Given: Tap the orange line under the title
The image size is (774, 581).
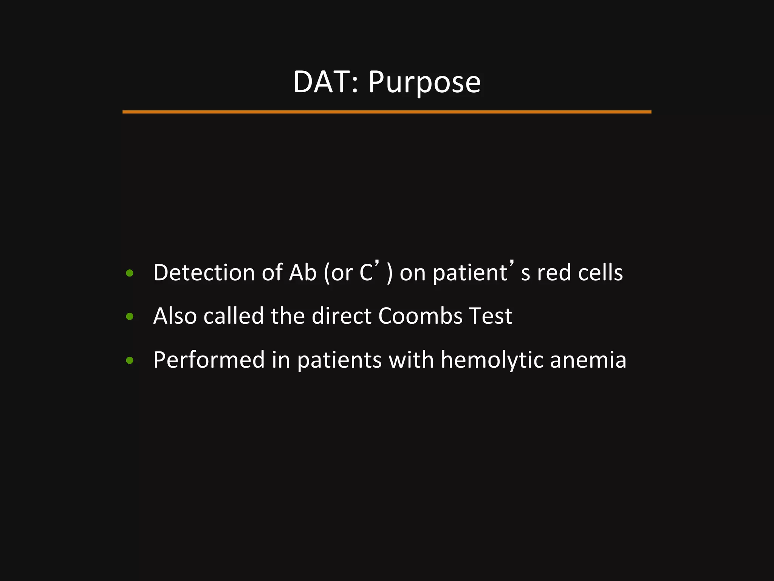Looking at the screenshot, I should [x=387, y=112].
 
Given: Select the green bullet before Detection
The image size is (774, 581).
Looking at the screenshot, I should [x=130, y=273].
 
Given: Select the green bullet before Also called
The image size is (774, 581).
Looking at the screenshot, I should [x=130, y=317].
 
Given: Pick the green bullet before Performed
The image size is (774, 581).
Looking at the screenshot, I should [x=130, y=360].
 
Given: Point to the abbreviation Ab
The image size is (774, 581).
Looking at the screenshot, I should [x=302, y=272].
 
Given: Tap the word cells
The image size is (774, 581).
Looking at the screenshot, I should [x=601, y=272].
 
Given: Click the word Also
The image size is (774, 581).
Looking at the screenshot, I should [x=175, y=316].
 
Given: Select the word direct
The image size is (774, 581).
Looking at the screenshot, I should [x=342, y=316].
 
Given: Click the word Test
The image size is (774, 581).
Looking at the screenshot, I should [x=491, y=316].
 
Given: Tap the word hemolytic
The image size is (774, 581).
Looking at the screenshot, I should [x=492, y=360].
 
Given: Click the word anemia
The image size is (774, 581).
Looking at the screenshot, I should [x=588, y=359].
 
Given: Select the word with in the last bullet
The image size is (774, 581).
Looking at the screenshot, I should [x=411, y=359].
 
